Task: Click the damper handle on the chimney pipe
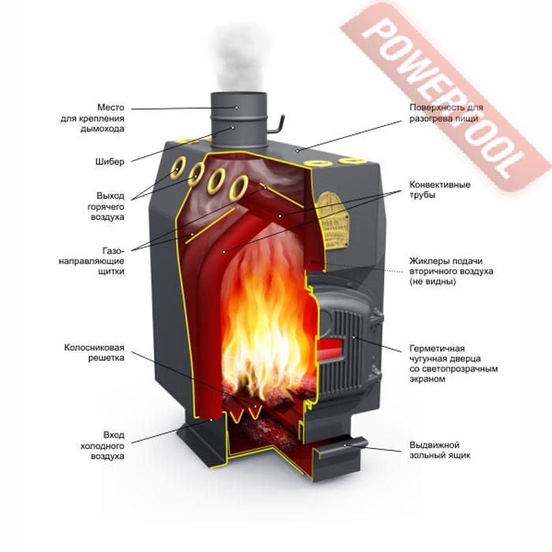coord(277,120)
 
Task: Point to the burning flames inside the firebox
coord(264,331)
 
